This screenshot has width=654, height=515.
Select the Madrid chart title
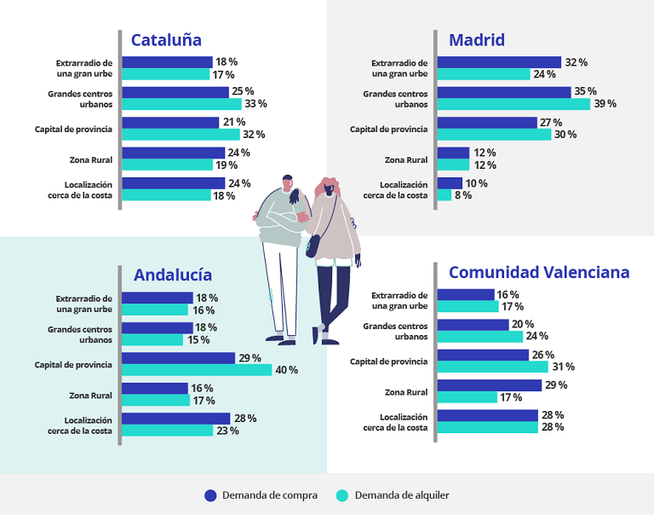(x=477, y=40)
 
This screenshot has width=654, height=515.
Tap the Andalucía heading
(x=173, y=275)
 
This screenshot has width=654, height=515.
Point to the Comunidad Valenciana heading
(x=539, y=273)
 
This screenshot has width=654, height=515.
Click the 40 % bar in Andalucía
(x=197, y=370)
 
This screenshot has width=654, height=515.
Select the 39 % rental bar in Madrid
(x=513, y=104)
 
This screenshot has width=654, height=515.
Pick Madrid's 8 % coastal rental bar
(x=444, y=195)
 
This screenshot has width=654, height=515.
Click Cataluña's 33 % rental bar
(x=181, y=104)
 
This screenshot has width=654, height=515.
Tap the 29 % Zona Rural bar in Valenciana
(x=489, y=385)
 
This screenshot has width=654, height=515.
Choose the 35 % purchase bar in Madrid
(x=503, y=92)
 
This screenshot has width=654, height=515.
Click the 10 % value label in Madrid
(x=477, y=183)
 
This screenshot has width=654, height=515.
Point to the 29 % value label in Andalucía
(x=250, y=358)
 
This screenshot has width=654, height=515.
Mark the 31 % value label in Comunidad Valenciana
(x=564, y=367)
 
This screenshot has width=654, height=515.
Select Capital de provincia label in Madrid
(x=388, y=130)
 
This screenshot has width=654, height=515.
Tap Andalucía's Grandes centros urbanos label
(x=80, y=333)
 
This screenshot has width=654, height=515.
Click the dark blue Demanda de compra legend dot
(x=211, y=495)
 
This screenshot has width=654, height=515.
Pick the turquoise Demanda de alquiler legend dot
(x=343, y=495)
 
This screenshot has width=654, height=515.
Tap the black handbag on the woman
(x=313, y=246)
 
